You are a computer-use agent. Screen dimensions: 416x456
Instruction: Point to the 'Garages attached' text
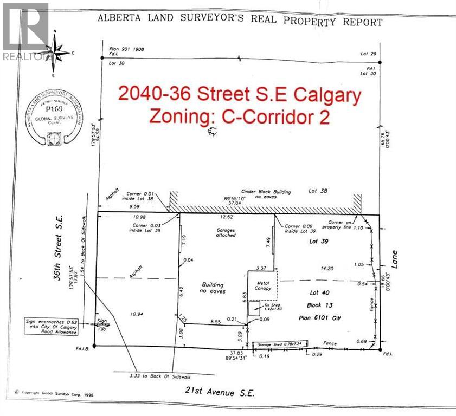pyautogui.click(x=224, y=232)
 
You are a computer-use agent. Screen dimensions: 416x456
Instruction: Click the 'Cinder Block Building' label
pyautogui.click(x=266, y=192)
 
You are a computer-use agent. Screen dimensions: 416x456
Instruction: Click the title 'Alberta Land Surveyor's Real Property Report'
pyautogui.click(x=239, y=21)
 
